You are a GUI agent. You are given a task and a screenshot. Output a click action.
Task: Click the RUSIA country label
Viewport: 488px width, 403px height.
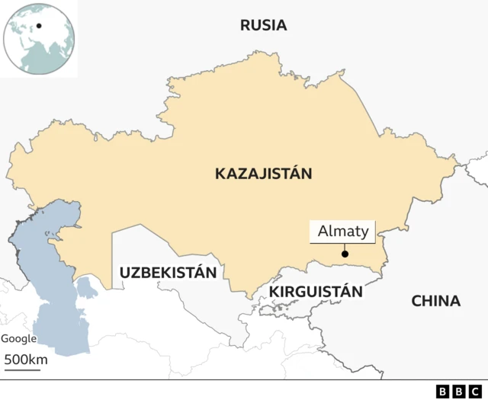click(263, 25)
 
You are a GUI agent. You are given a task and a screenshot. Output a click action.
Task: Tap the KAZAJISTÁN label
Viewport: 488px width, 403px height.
click(264, 174)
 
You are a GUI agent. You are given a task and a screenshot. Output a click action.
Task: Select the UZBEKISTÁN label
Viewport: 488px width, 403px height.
click(168, 272)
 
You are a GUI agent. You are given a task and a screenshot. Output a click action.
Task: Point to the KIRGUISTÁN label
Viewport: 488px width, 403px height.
click(315, 291)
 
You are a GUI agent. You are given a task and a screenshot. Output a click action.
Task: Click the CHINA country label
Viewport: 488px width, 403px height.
click(435, 301)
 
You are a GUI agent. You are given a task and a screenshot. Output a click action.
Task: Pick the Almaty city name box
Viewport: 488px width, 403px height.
click(343, 232)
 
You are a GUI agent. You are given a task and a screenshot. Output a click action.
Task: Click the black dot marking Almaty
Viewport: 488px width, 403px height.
click(345, 254)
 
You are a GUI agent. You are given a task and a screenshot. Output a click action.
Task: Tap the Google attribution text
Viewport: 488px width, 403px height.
click(18, 339)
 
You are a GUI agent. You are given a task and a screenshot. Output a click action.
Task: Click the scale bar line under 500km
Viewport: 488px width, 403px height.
click(22, 370)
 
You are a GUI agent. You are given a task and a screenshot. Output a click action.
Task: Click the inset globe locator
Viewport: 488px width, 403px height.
click(39, 38)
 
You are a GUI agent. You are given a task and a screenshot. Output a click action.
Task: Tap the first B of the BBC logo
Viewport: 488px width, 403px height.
click(442, 392)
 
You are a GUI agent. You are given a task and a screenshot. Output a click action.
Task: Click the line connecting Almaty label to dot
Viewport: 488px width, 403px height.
click(345, 247)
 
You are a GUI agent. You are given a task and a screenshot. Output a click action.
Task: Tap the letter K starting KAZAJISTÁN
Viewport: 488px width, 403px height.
click(220, 174)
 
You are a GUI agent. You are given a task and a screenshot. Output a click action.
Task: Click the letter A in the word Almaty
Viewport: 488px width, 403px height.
click(323, 232)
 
